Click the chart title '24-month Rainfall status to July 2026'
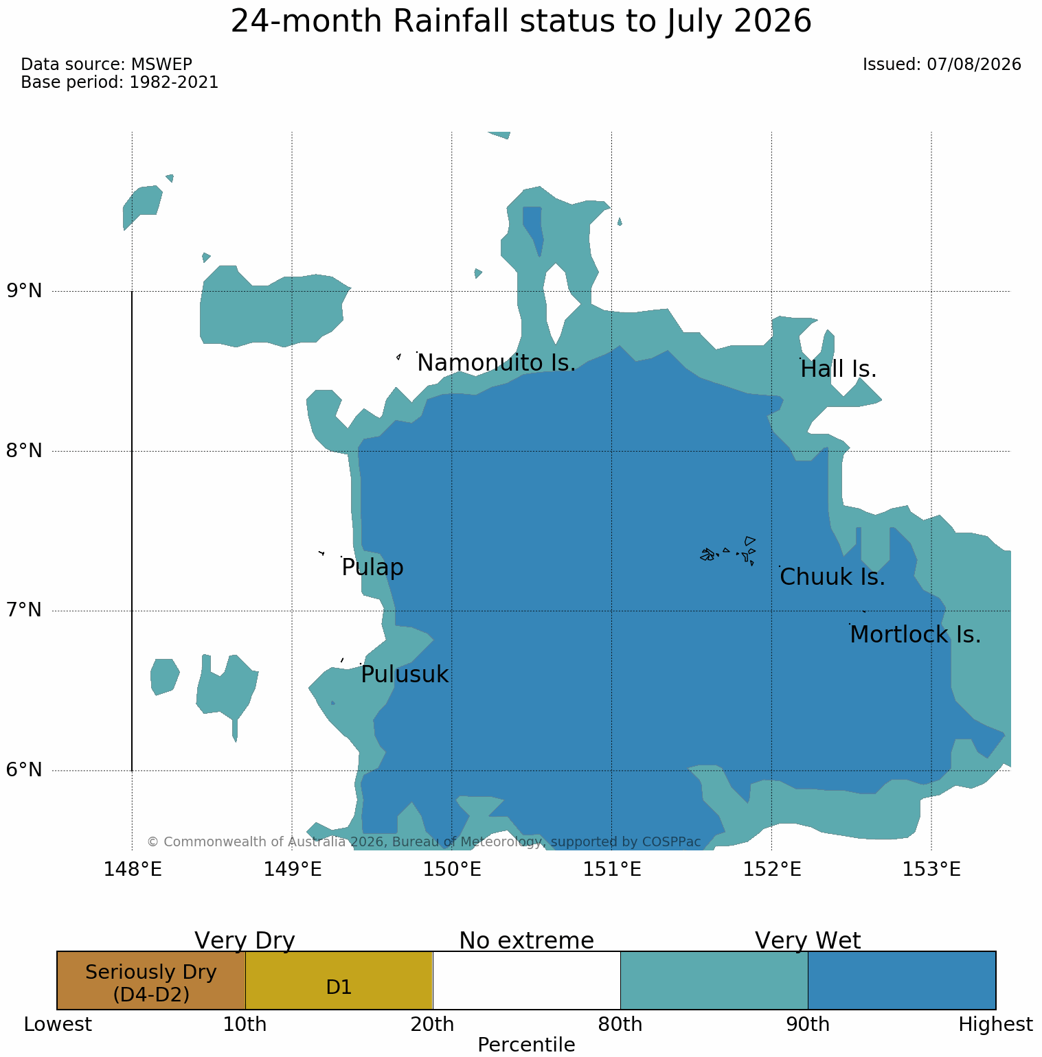click(x=521, y=22)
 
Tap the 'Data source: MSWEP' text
click(x=106, y=65)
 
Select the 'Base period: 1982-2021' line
click(x=120, y=82)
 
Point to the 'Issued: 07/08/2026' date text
click(x=942, y=65)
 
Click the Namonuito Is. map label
click(x=497, y=363)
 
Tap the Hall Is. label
click(x=839, y=369)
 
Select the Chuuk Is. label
click(x=833, y=577)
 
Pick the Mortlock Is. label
click(x=915, y=635)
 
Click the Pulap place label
click(x=372, y=568)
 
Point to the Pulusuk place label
click(x=405, y=675)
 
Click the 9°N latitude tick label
click(x=24, y=291)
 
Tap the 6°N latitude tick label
click(x=24, y=770)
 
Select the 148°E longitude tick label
click(x=133, y=870)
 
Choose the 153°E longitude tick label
click(x=931, y=870)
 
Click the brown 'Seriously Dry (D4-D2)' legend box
click(x=151, y=980)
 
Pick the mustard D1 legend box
click(x=339, y=980)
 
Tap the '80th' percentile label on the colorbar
click(x=620, y=1025)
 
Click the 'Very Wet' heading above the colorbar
click(x=808, y=940)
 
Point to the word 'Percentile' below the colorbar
click(x=526, y=1045)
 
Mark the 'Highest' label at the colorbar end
click(x=996, y=1025)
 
